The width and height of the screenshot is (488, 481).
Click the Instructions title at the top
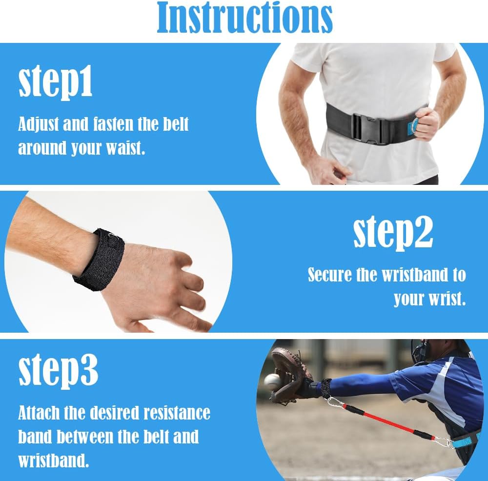(x=244, y=18)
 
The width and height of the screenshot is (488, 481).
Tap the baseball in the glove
(x=272, y=381)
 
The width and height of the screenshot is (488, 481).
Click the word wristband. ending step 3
(x=56, y=460)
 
